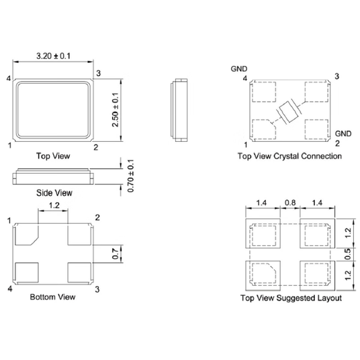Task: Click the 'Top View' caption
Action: [53, 156]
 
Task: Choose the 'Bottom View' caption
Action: [53, 297]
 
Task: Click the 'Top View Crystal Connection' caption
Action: [289, 156]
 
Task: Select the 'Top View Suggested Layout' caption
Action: [290, 298]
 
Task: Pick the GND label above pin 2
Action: [343, 133]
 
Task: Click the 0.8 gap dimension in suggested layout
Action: [290, 203]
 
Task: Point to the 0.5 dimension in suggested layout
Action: [348, 253]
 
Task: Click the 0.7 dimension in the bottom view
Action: [116, 254]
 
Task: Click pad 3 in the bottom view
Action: [80, 272]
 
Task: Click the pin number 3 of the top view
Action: [99, 73]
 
